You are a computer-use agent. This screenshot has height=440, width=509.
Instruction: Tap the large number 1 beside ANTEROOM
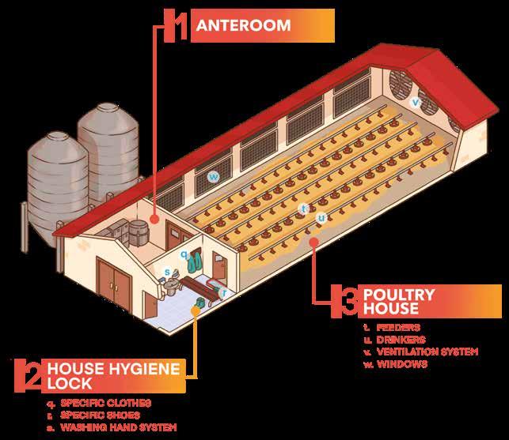click(180, 25)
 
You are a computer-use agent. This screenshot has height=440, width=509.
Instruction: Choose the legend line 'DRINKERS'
click(401, 339)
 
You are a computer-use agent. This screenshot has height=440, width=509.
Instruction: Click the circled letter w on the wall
click(213, 177)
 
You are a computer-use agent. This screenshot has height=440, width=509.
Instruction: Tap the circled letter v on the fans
click(415, 101)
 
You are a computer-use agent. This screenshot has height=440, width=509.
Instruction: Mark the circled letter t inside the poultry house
click(303, 209)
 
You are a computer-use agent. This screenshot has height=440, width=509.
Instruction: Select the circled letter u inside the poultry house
click(321, 217)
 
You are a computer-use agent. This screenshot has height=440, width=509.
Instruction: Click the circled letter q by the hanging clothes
click(184, 254)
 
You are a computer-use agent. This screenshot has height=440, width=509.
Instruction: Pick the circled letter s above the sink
click(167, 273)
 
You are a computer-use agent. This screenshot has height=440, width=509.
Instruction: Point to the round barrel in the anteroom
click(139, 229)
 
